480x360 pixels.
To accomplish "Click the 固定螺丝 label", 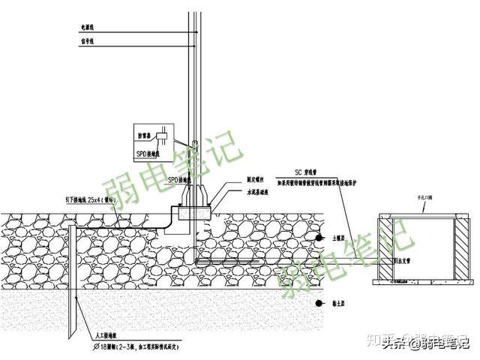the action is coord(236,180).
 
